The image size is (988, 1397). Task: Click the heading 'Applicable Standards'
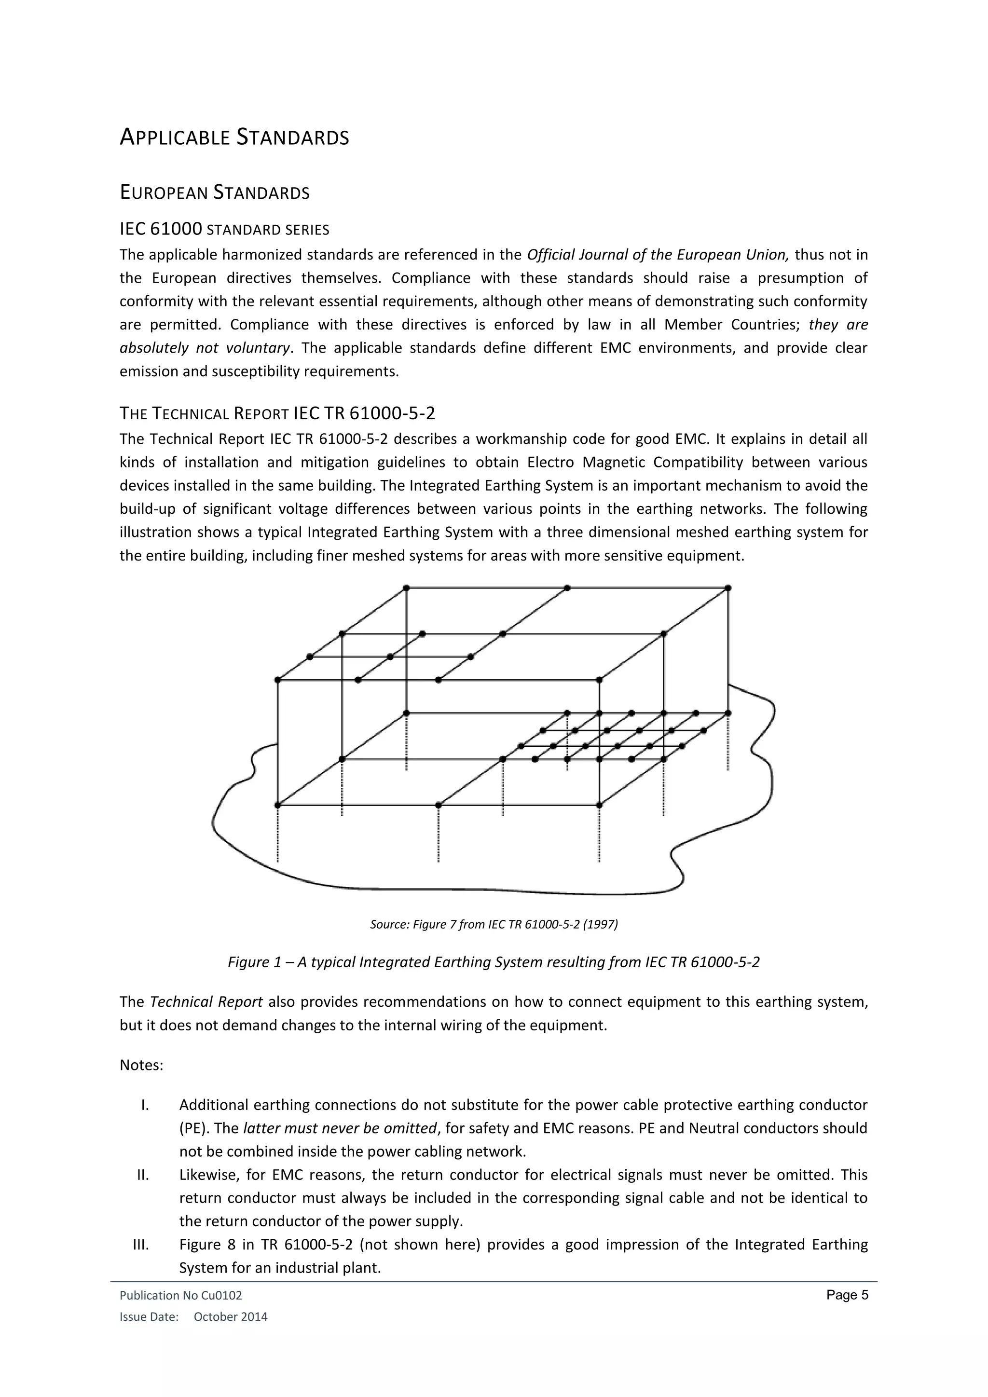234,137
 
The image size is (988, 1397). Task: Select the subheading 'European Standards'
215,193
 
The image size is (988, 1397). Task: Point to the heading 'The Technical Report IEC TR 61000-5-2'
277,414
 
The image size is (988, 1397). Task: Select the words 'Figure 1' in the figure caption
248,962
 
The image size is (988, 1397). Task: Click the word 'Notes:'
141,1066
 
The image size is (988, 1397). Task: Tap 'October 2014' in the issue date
230,1317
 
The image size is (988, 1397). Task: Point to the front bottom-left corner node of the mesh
278,805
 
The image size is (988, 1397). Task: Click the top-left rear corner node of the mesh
406,588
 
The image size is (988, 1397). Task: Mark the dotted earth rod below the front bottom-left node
278,834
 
